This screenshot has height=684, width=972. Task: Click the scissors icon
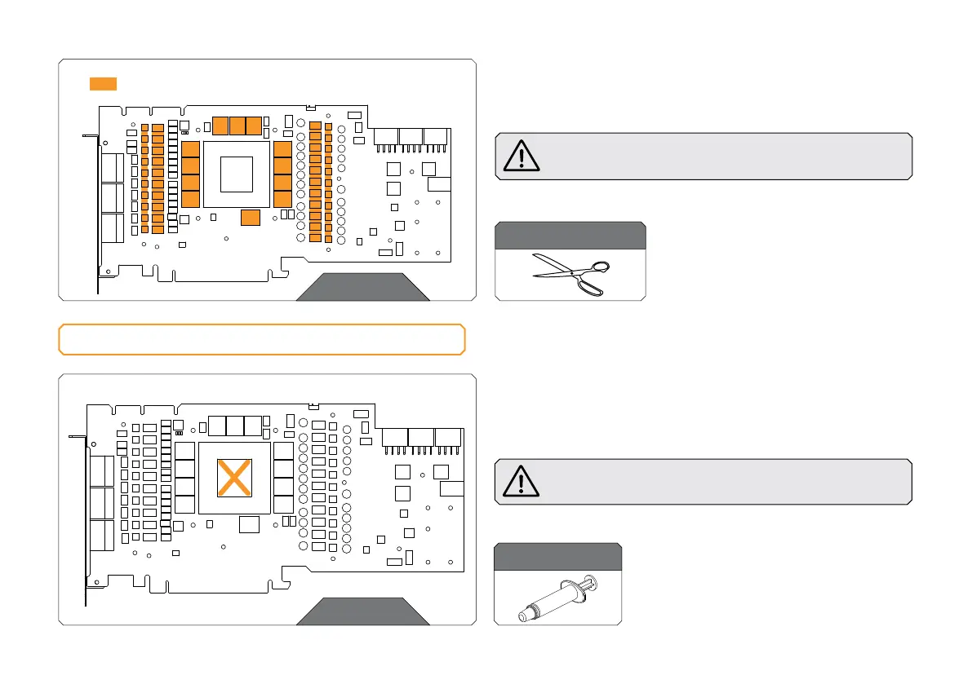pos(570,274)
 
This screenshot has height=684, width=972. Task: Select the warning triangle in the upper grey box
pos(522,156)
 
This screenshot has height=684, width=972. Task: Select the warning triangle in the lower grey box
pos(522,481)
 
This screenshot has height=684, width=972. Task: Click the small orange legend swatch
pos(103,83)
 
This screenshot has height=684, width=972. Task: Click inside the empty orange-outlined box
pos(261,339)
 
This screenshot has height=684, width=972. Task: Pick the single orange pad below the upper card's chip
pos(251,217)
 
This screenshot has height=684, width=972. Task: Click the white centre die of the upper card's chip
pos(236,173)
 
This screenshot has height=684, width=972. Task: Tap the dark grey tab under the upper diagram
pos(362,288)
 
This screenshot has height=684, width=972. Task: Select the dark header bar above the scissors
pos(570,236)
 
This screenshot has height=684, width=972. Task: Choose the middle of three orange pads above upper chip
pos(237,126)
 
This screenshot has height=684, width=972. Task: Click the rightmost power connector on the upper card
pos(435,138)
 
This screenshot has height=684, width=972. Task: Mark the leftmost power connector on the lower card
pos(394,437)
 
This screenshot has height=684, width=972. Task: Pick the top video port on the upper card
pos(113,167)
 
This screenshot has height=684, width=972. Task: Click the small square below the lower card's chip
pos(249,525)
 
